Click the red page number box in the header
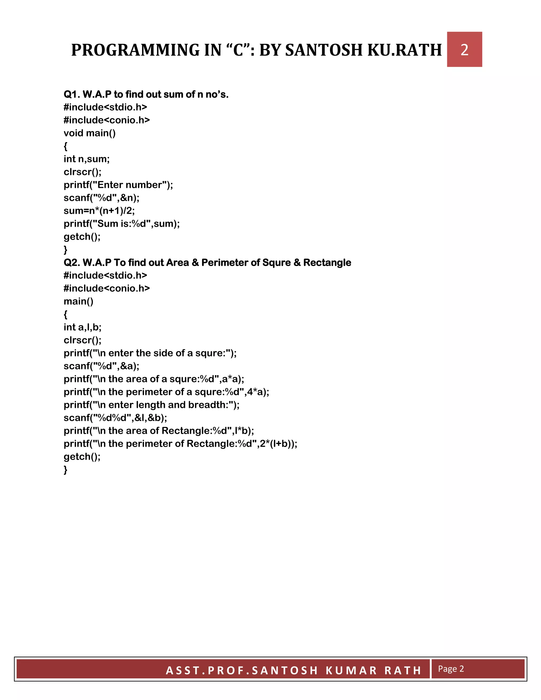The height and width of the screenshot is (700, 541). pyautogui.click(x=464, y=49)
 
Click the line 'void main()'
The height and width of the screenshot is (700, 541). pyautogui.click(x=90, y=133)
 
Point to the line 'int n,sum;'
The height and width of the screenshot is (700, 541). pyautogui.click(x=87, y=159)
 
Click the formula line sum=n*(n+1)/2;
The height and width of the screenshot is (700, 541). pyautogui.click(x=99, y=211)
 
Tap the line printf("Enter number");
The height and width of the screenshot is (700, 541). pyautogui.click(x=118, y=185)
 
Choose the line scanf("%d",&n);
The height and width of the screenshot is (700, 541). pyautogui.click(x=101, y=198)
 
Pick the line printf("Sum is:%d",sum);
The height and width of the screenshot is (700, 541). pyautogui.click(x=122, y=224)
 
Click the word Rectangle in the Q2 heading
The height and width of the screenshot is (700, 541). pyautogui.click(x=327, y=263)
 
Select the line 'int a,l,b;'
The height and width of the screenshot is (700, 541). pyautogui.click(x=82, y=327)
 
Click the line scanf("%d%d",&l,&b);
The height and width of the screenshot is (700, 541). pyautogui.click(x=115, y=418)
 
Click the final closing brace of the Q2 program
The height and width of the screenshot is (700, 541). pyautogui.click(x=66, y=470)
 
